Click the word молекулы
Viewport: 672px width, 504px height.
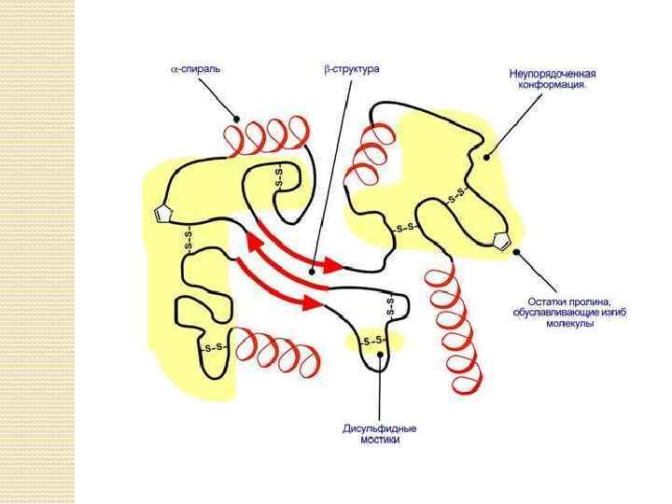pyautogui.click(x=570, y=322)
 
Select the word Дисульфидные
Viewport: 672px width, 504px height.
pyautogui.click(x=379, y=428)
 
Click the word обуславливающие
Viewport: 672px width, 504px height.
pyautogui.click(x=554, y=312)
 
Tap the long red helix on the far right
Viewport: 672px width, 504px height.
pyautogui.click(x=455, y=327)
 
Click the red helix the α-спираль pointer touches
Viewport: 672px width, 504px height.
pyautogui.click(x=267, y=137)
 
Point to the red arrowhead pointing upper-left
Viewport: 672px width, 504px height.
pyautogui.click(x=253, y=245)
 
